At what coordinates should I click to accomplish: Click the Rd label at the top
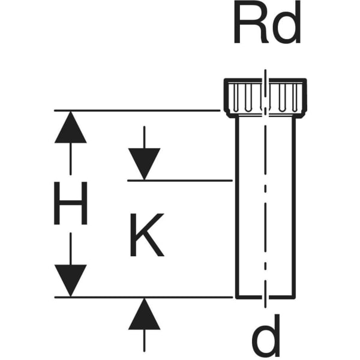tap(267, 22)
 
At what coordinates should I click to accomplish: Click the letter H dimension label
tap(70, 203)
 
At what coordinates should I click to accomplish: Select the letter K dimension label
tap(147, 235)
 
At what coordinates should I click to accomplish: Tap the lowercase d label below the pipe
tap(266, 335)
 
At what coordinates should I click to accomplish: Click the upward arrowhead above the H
tap(70, 127)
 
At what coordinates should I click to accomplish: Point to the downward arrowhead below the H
tap(70, 281)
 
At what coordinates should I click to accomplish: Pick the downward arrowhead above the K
tap(144, 164)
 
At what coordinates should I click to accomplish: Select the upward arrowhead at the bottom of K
tap(144, 314)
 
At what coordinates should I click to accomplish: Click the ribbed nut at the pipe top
tap(265, 98)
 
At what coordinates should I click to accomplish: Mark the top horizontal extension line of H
tap(137, 110)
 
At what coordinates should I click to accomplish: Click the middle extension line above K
tap(180, 181)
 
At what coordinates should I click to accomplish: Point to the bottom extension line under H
tap(143, 298)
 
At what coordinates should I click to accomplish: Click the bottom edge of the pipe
tap(265, 298)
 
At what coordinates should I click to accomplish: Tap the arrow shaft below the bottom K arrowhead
tap(144, 341)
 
